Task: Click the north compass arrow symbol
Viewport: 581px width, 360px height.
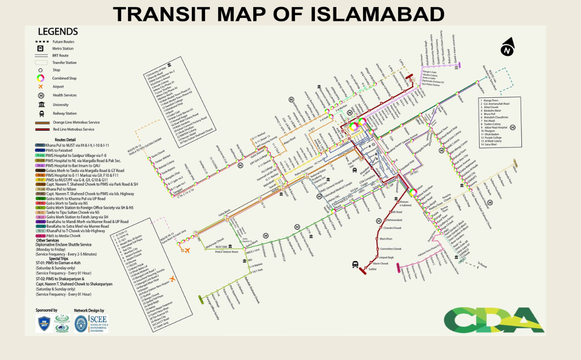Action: (507, 48)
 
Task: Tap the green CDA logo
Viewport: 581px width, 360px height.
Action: (494, 320)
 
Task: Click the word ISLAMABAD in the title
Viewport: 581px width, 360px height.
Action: (377, 14)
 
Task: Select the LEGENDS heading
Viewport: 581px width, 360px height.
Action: (58, 32)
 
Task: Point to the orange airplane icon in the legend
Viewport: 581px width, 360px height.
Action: (41, 87)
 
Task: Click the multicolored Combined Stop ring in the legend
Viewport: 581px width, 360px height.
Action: (41, 78)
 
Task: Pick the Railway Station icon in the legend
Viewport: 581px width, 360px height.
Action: (41, 114)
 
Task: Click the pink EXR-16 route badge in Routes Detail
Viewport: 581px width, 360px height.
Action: (40, 235)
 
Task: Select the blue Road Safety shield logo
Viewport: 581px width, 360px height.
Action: (44, 324)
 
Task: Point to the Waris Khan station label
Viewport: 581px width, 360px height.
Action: (386, 239)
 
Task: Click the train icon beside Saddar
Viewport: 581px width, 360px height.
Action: (356, 265)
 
